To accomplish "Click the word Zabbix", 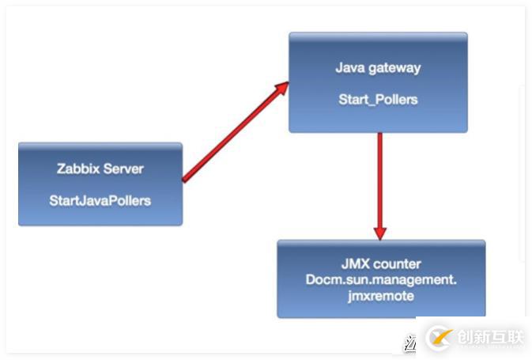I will click(77, 169).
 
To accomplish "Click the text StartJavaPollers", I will click(100, 200).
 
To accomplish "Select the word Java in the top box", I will click(350, 68).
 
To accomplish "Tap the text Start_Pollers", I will click(378, 100).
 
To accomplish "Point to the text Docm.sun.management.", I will click(381, 279).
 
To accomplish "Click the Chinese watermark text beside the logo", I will click(490, 337).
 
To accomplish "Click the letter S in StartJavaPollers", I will click(53, 200).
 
